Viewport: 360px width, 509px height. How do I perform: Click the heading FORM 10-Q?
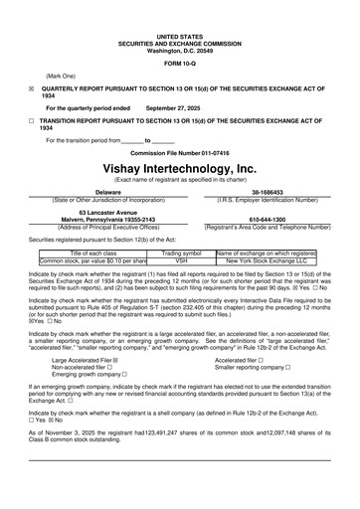[179, 64]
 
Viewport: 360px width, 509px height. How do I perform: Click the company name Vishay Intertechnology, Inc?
[180, 169]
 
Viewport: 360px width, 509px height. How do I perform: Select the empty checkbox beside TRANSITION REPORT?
[32, 120]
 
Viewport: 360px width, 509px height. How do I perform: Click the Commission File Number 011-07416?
[180, 152]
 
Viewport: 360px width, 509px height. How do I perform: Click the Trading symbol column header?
[181, 254]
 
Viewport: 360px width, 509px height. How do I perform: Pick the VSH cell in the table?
[181, 260]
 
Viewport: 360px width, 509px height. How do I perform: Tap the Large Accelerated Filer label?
[81, 360]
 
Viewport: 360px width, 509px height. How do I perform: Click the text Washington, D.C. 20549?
[180, 49]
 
